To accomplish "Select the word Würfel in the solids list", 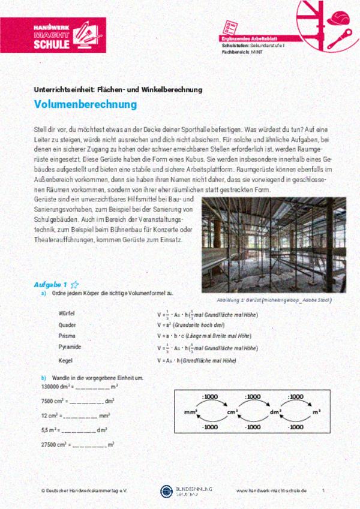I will click(x=66, y=314).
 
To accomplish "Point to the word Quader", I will click(x=67, y=325).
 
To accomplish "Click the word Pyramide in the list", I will click(x=69, y=347).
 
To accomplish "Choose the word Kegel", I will click(x=65, y=361).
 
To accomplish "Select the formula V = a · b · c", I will click(x=170, y=336).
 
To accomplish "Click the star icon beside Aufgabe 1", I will click(x=74, y=284).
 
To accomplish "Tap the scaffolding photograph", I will click(x=274, y=245).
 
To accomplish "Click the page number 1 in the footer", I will click(x=323, y=490).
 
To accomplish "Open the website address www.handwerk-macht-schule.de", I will click(x=271, y=490).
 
